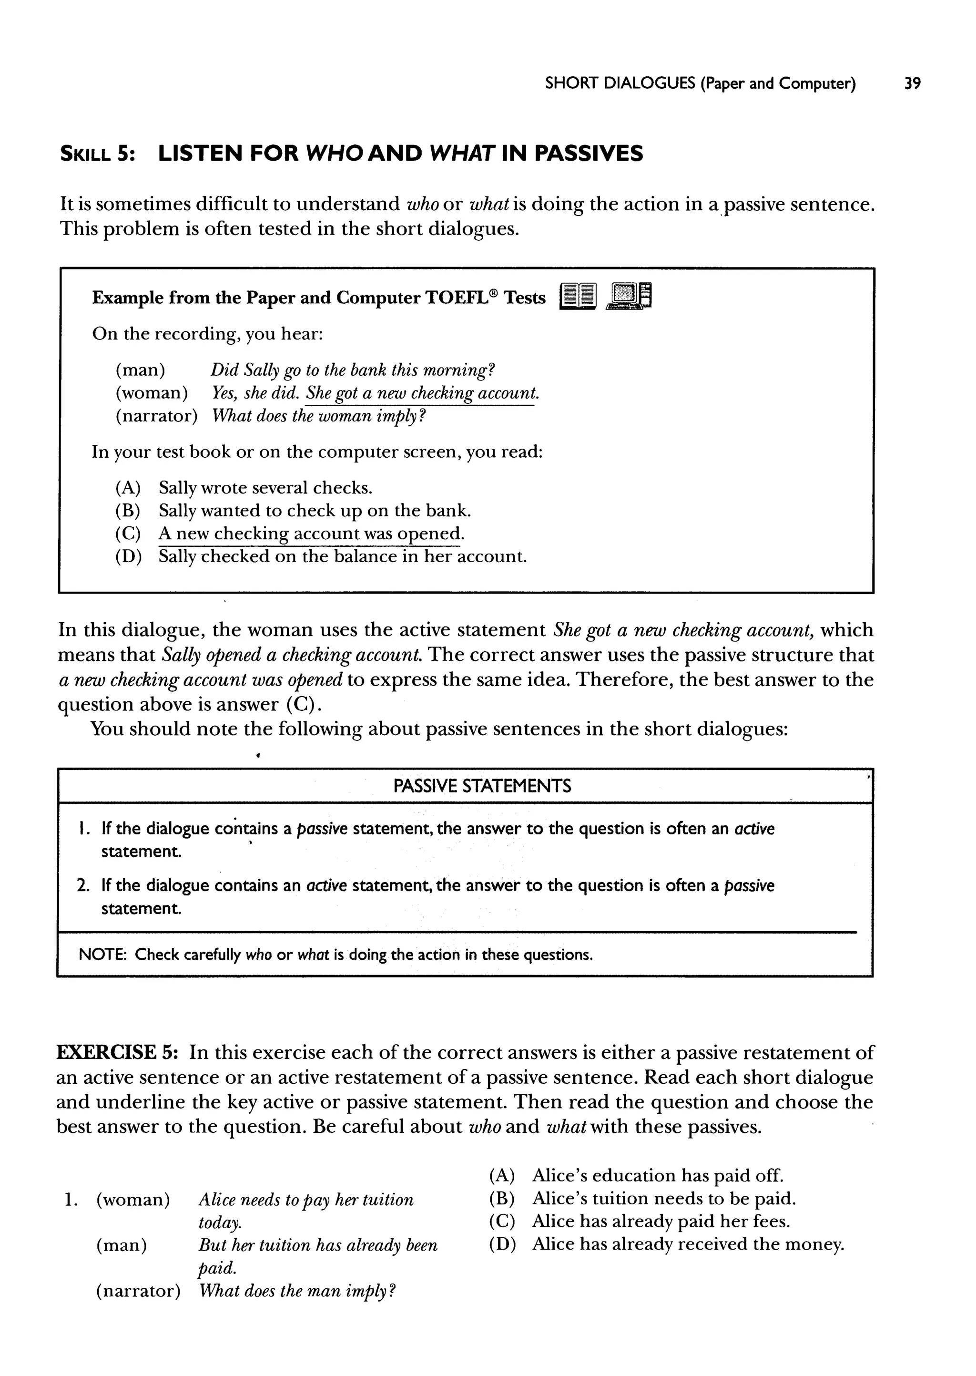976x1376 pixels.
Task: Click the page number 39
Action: point(912,83)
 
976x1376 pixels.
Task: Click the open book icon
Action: point(578,297)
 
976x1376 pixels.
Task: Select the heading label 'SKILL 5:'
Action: point(97,154)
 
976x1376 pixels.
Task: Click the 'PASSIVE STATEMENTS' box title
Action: point(482,786)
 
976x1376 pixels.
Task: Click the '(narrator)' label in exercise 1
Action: point(138,1291)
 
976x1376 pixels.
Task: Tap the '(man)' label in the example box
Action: point(140,370)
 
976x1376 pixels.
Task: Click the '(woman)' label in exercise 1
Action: point(133,1200)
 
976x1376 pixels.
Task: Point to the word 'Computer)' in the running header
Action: point(817,83)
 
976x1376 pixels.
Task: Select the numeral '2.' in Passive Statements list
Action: point(83,885)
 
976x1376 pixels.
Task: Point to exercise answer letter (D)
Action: point(502,1244)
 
